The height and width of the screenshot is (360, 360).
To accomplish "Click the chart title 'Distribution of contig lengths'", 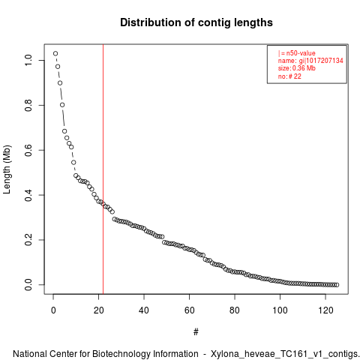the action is (x=196, y=22).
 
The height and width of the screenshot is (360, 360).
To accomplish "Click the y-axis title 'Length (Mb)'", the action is (x=7, y=169).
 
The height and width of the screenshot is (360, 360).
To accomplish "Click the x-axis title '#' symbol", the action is (x=196, y=332).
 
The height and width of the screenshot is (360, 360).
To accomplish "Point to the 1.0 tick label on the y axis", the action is (x=28, y=60).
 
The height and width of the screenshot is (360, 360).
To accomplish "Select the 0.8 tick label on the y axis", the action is (x=28, y=105).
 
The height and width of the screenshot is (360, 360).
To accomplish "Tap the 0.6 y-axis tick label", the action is (x=28, y=150).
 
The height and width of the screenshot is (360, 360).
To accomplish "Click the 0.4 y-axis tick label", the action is (x=28, y=195).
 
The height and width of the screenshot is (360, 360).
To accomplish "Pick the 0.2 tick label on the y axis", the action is (x=28, y=240).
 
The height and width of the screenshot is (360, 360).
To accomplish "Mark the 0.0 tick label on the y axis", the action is (x=28, y=285).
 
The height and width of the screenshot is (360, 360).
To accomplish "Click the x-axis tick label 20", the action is (x=99, y=310).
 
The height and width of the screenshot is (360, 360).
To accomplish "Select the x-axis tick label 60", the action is (x=190, y=310).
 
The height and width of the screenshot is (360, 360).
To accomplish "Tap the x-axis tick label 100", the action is (x=280, y=310).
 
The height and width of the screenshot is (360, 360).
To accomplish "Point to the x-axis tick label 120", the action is (x=325, y=310).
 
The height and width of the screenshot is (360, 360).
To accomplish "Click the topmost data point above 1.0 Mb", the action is (x=55, y=53).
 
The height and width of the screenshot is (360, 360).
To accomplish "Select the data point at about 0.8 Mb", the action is (x=62, y=105).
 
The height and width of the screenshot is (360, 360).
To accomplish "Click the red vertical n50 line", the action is (x=103, y=169).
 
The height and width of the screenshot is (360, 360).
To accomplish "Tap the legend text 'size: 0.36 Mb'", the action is (x=297, y=68).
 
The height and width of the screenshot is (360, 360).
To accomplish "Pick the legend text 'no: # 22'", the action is (x=289, y=76).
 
